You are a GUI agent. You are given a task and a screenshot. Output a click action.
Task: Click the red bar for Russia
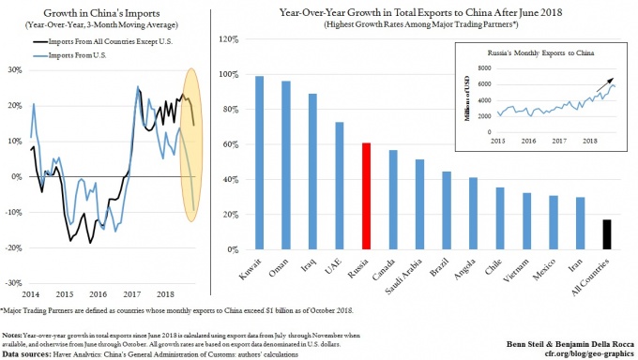367,197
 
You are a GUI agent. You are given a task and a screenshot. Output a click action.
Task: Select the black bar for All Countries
608,235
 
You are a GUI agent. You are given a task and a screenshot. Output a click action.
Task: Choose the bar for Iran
581,224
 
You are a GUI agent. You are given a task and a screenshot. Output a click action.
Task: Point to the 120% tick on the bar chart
226,39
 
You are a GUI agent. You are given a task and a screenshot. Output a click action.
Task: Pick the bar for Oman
286,166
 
